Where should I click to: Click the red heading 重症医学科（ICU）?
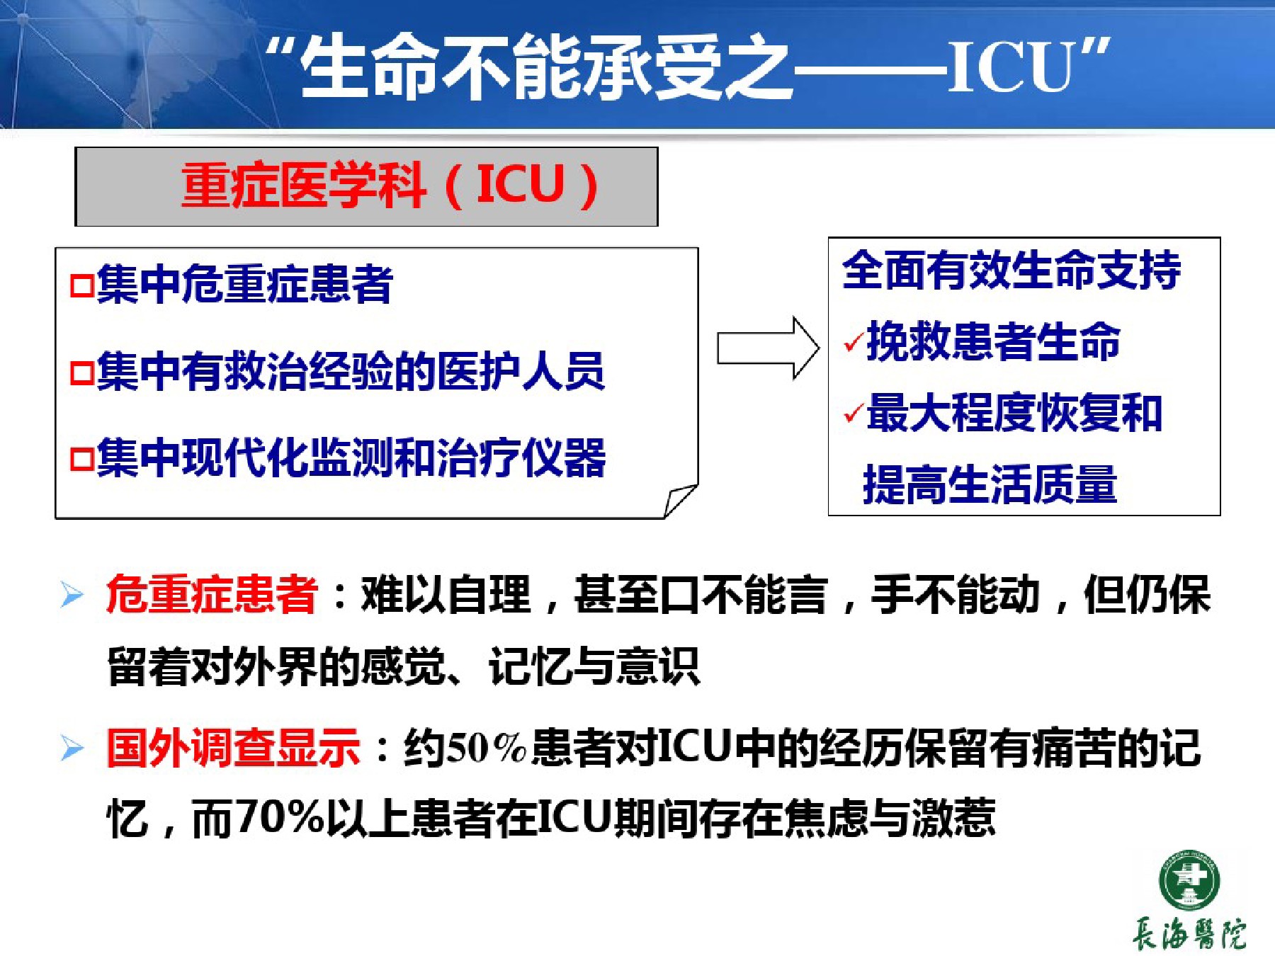tap(390, 186)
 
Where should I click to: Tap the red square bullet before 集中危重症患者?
tap(81, 286)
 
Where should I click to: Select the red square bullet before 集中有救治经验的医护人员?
tap(81, 372)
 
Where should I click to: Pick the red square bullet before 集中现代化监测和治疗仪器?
tap(81, 459)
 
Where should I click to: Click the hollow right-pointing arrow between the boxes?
tap(769, 348)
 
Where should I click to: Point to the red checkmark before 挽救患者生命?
tap(854, 342)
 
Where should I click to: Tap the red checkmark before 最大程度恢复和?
tap(854, 412)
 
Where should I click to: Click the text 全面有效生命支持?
tap(1011, 270)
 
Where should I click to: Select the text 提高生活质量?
tap(990, 484)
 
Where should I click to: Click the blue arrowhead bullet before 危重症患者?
tap(72, 595)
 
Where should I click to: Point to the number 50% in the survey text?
tap(487, 748)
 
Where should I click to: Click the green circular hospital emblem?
tap(1189, 880)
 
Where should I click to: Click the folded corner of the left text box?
tap(680, 501)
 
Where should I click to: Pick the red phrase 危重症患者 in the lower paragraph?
tap(212, 594)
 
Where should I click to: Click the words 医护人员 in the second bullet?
tap(521, 372)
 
